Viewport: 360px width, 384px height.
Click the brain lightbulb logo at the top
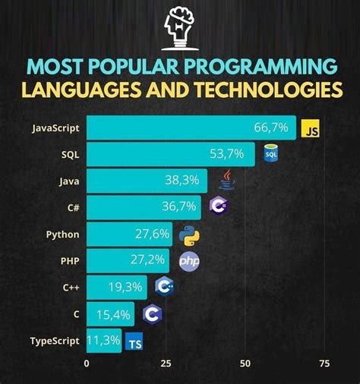click(180, 26)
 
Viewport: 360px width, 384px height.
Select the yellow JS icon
click(310, 129)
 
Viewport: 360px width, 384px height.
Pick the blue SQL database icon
click(270, 154)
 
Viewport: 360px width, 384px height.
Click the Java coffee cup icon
click(227, 180)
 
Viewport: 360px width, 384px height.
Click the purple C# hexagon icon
click(219, 206)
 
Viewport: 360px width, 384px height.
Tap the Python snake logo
click(190, 234)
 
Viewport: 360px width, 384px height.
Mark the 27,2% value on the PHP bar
click(149, 260)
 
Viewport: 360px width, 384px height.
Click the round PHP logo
click(189, 261)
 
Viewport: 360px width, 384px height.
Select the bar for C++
click(117, 287)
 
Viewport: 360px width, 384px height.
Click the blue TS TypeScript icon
click(134, 342)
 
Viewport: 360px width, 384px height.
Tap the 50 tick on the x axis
click(245, 364)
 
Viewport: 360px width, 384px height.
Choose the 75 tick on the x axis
click(324, 364)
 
